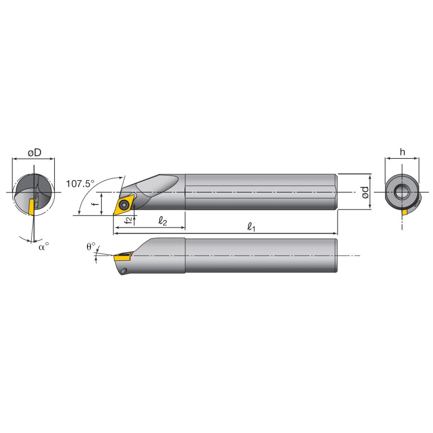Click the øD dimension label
click(34, 152)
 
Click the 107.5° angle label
click(80, 183)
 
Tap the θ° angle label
click(90, 247)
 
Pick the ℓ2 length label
click(162, 221)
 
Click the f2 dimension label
click(129, 220)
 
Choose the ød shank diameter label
click(365, 192)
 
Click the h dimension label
click(402, 152)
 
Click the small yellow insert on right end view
click(405, 212)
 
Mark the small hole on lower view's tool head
click(124, 272)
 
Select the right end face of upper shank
click(336, 192)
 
